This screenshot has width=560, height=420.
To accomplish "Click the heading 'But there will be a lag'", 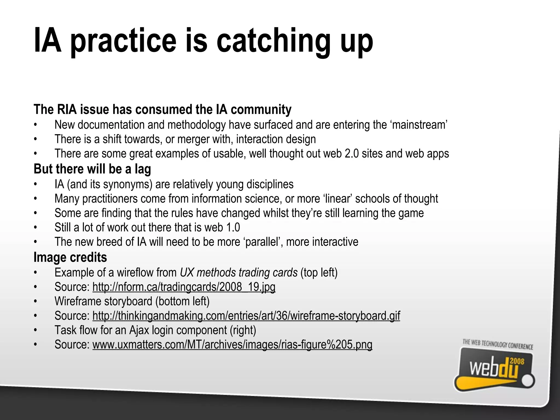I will pos(92,169).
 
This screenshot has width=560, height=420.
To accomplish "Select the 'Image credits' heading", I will pos(70,257).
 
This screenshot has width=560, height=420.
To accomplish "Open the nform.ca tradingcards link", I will pos(184,287).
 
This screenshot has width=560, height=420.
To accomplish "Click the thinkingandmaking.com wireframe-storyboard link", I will pos(246,316).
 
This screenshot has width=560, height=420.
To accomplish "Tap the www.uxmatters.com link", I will pos(232,344).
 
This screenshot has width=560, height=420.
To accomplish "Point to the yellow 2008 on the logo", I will pos(517,361).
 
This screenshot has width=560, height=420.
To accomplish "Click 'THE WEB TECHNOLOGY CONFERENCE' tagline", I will pos(498,345).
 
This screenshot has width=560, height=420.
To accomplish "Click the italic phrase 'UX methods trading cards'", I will pos(239,273).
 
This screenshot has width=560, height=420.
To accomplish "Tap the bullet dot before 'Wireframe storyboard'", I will pos(35,302).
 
